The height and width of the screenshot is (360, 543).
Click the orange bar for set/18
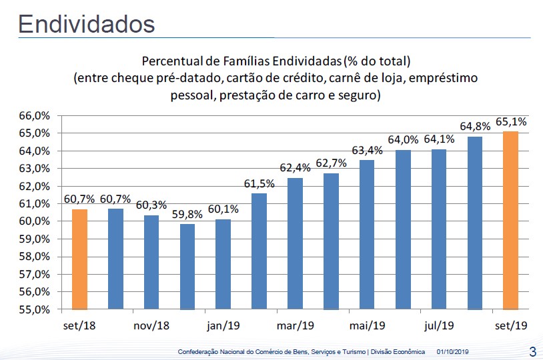click(79, 259)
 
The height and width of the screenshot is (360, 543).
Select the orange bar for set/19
click(510, 220)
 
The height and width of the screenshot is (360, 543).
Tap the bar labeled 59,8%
click(187, 267)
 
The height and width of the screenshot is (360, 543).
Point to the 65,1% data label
click(512, 122)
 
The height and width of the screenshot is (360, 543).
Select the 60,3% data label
click(151, 205)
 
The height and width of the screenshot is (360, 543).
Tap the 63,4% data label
click(367, 150)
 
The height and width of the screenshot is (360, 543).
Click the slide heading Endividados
click(87, 24)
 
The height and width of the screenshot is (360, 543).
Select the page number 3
click(532, 351)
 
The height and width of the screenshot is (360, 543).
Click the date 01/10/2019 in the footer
click(453, 351)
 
